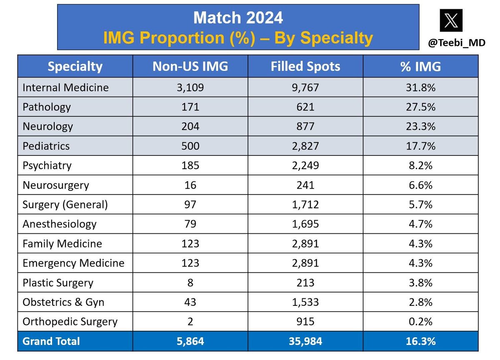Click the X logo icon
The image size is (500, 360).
click(x=451, y=20)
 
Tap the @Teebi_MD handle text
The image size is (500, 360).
click(x=456, y=42)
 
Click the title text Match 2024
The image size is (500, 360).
click(x=238, y=18)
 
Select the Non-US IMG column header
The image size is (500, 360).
click(x=190, y=67)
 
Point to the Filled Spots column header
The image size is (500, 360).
click(x=305, y=67)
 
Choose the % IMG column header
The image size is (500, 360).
click(x=420, y=67)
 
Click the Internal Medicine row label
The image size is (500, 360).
click(x=65, y=87)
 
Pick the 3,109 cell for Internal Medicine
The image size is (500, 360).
click(x=190, y=87)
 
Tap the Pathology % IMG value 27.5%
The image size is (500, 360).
click(x=420, y=107)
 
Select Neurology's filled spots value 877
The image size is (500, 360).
click(x=305, y=127)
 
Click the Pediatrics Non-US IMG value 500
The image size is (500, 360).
click(x=190, y=146)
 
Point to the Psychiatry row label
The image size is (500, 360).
click(x=47, y=166)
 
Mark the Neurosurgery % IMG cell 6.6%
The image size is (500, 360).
click(x=420, y=185)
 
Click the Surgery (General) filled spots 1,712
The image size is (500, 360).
click(x=305, y=205)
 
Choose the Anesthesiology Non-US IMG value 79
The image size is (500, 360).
click(x=190, y=224)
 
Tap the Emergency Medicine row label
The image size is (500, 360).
click(x=73, y=263)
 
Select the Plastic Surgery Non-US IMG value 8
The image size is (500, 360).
click(x=190, y=283)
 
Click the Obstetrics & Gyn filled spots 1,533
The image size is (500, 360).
click(x=305, y=302)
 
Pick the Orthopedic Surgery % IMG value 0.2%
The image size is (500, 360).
click(x=420, y=322)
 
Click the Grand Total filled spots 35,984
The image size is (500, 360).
click(x=305, y=342)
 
